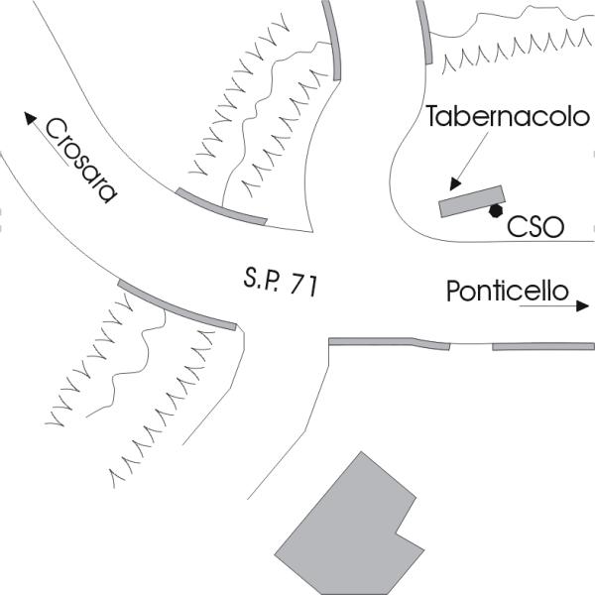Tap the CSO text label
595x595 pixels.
(535, 227)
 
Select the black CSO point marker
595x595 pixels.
(494, 210)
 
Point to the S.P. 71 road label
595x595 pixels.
(280, 282)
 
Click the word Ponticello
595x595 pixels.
(507, 293)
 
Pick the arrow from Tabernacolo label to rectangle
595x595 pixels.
(469, 160)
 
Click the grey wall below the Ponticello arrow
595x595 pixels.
(543, 347)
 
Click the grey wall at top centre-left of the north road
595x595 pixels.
(333, 38)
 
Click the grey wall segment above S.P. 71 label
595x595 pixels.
(221, 205)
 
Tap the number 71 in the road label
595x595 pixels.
(303, 286)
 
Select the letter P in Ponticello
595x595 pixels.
(454, 293)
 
